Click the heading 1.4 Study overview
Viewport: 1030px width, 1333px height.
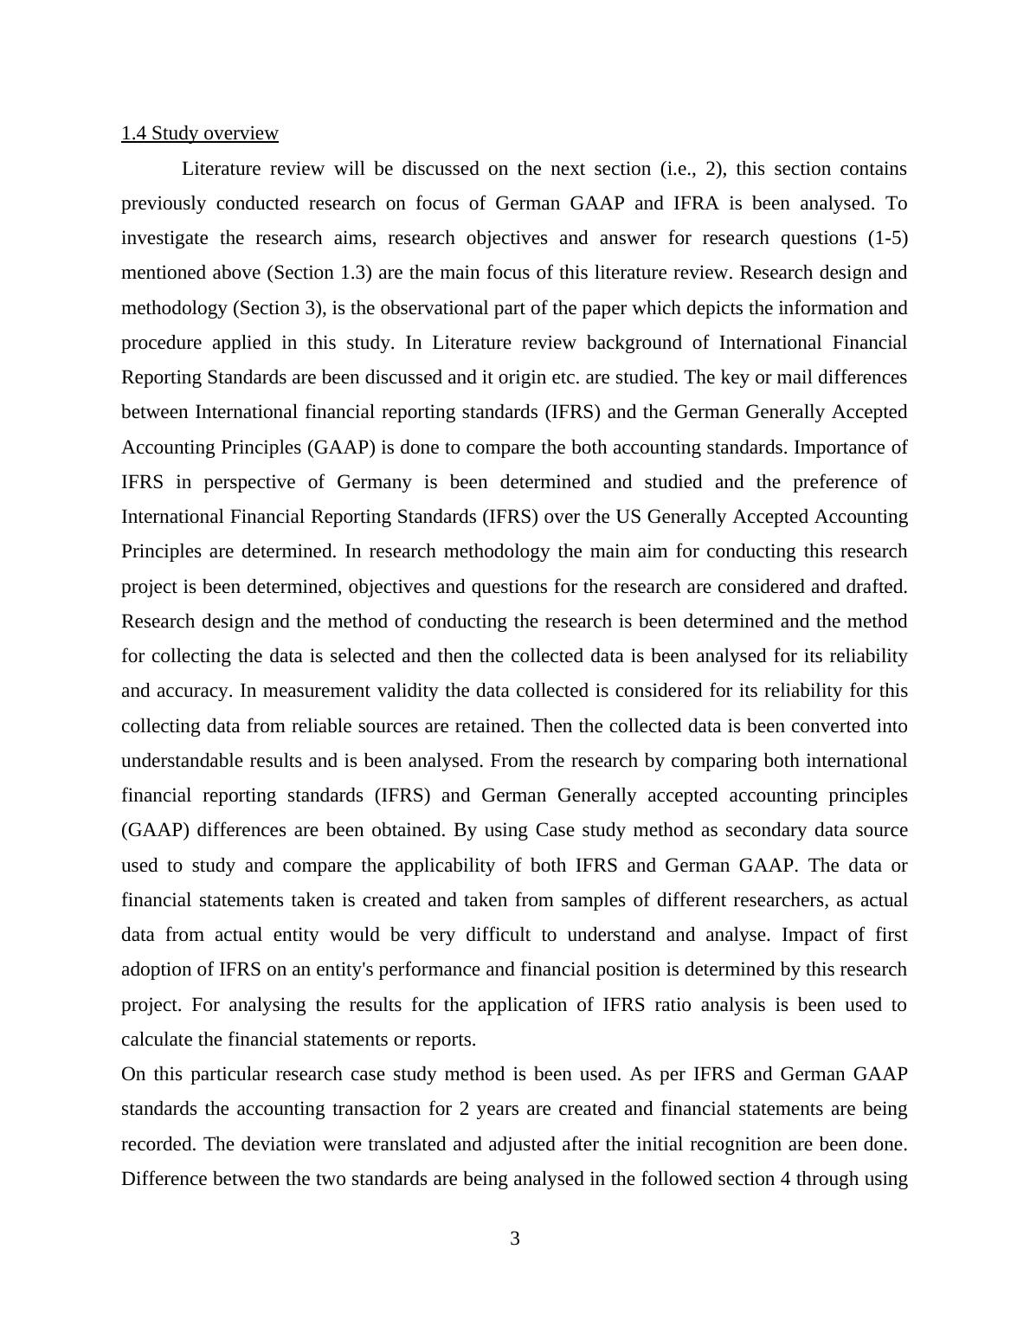pyautogui.click(x=199, y=133)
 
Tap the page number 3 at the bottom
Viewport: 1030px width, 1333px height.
pyautogui.click(x=515, y=1239)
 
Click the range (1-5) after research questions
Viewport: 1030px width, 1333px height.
pyautogui.click(x=887, y=238)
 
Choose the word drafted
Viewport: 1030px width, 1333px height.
pyautogui.click(x=875, y=587)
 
